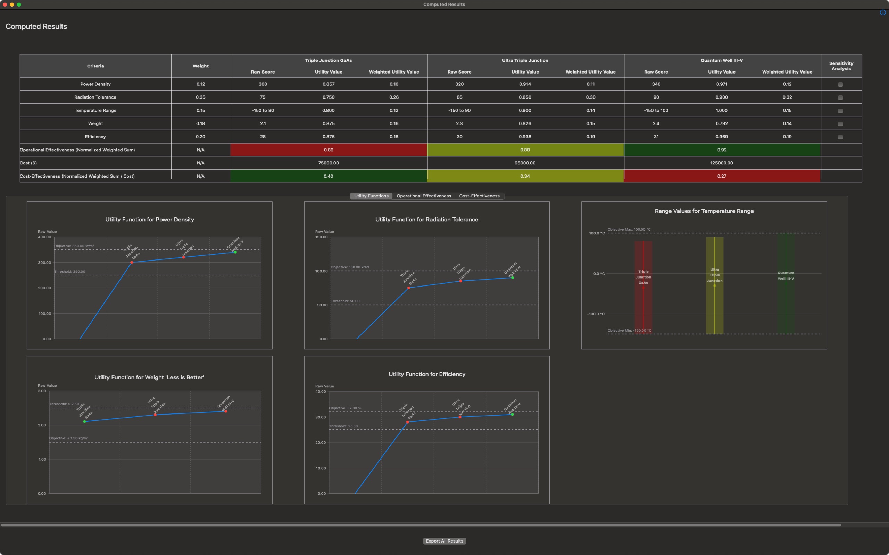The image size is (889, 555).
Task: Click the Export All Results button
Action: (x=444, y=541)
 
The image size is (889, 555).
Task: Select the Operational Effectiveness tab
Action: (x=424, y=196)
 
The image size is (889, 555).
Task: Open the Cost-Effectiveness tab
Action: (x=479, y=196)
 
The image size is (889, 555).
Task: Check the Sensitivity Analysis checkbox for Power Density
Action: (x=840, y=84)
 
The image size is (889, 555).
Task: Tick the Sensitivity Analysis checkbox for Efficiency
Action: (x=840, y=137)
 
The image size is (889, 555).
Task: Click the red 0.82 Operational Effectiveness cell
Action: (x=329, y=150)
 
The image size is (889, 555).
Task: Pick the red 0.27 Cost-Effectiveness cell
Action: (x=722, y=176)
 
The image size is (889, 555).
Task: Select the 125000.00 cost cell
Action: (x=721, y=163)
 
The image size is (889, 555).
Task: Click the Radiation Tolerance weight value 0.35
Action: (x=201, y=97)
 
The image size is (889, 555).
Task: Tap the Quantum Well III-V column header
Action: (x=722, y=60)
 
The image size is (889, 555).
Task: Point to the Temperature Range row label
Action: (x=95, y=111)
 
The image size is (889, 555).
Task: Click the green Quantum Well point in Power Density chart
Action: (x=235, y=252)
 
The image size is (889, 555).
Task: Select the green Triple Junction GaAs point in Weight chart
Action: (x=84, y=422)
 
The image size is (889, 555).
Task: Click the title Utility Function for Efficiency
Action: (x=426, y=374)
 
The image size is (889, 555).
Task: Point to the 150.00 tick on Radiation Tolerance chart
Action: (x=321, y=237)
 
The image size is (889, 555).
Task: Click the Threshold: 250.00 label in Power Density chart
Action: (x=69, y=272)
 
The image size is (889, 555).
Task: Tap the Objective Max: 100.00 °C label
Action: (x=629, y=229)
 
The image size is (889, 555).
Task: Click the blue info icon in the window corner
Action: (x=882, y=12)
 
